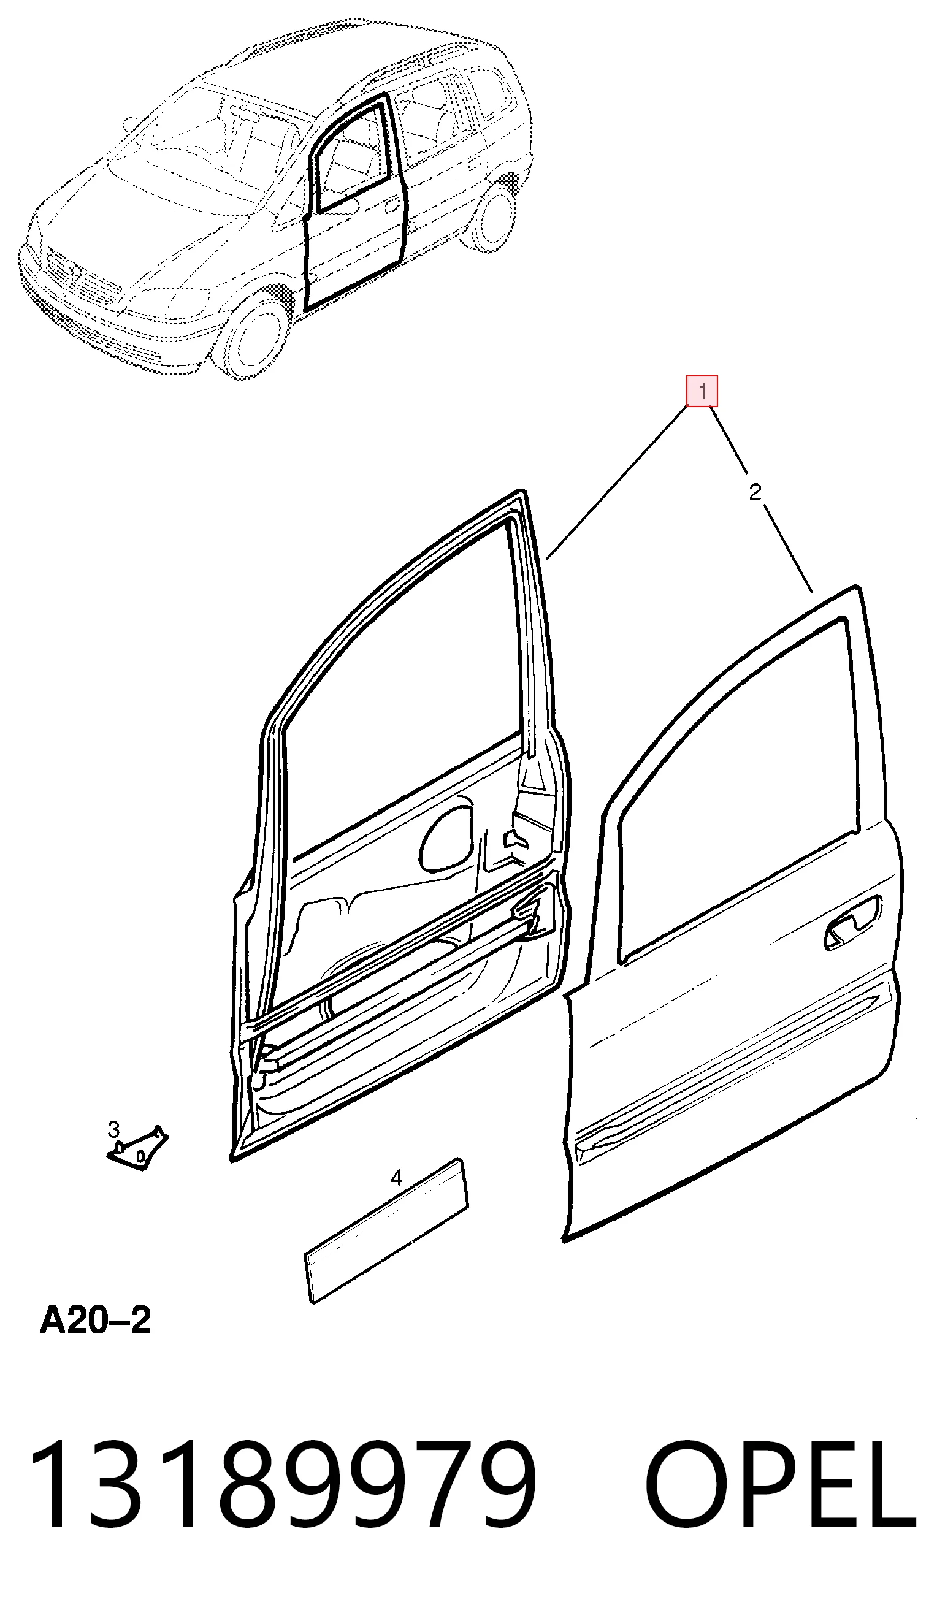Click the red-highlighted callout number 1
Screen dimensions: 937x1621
tap(702, 391)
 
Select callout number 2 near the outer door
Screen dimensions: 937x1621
tap(755, 492)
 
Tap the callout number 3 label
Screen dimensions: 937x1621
tap(113, 1129)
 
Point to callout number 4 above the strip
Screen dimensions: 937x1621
tap(396, 1178)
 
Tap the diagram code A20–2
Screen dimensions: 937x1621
tap(95, 1321)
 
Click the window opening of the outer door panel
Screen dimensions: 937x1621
tap(740, 791)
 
